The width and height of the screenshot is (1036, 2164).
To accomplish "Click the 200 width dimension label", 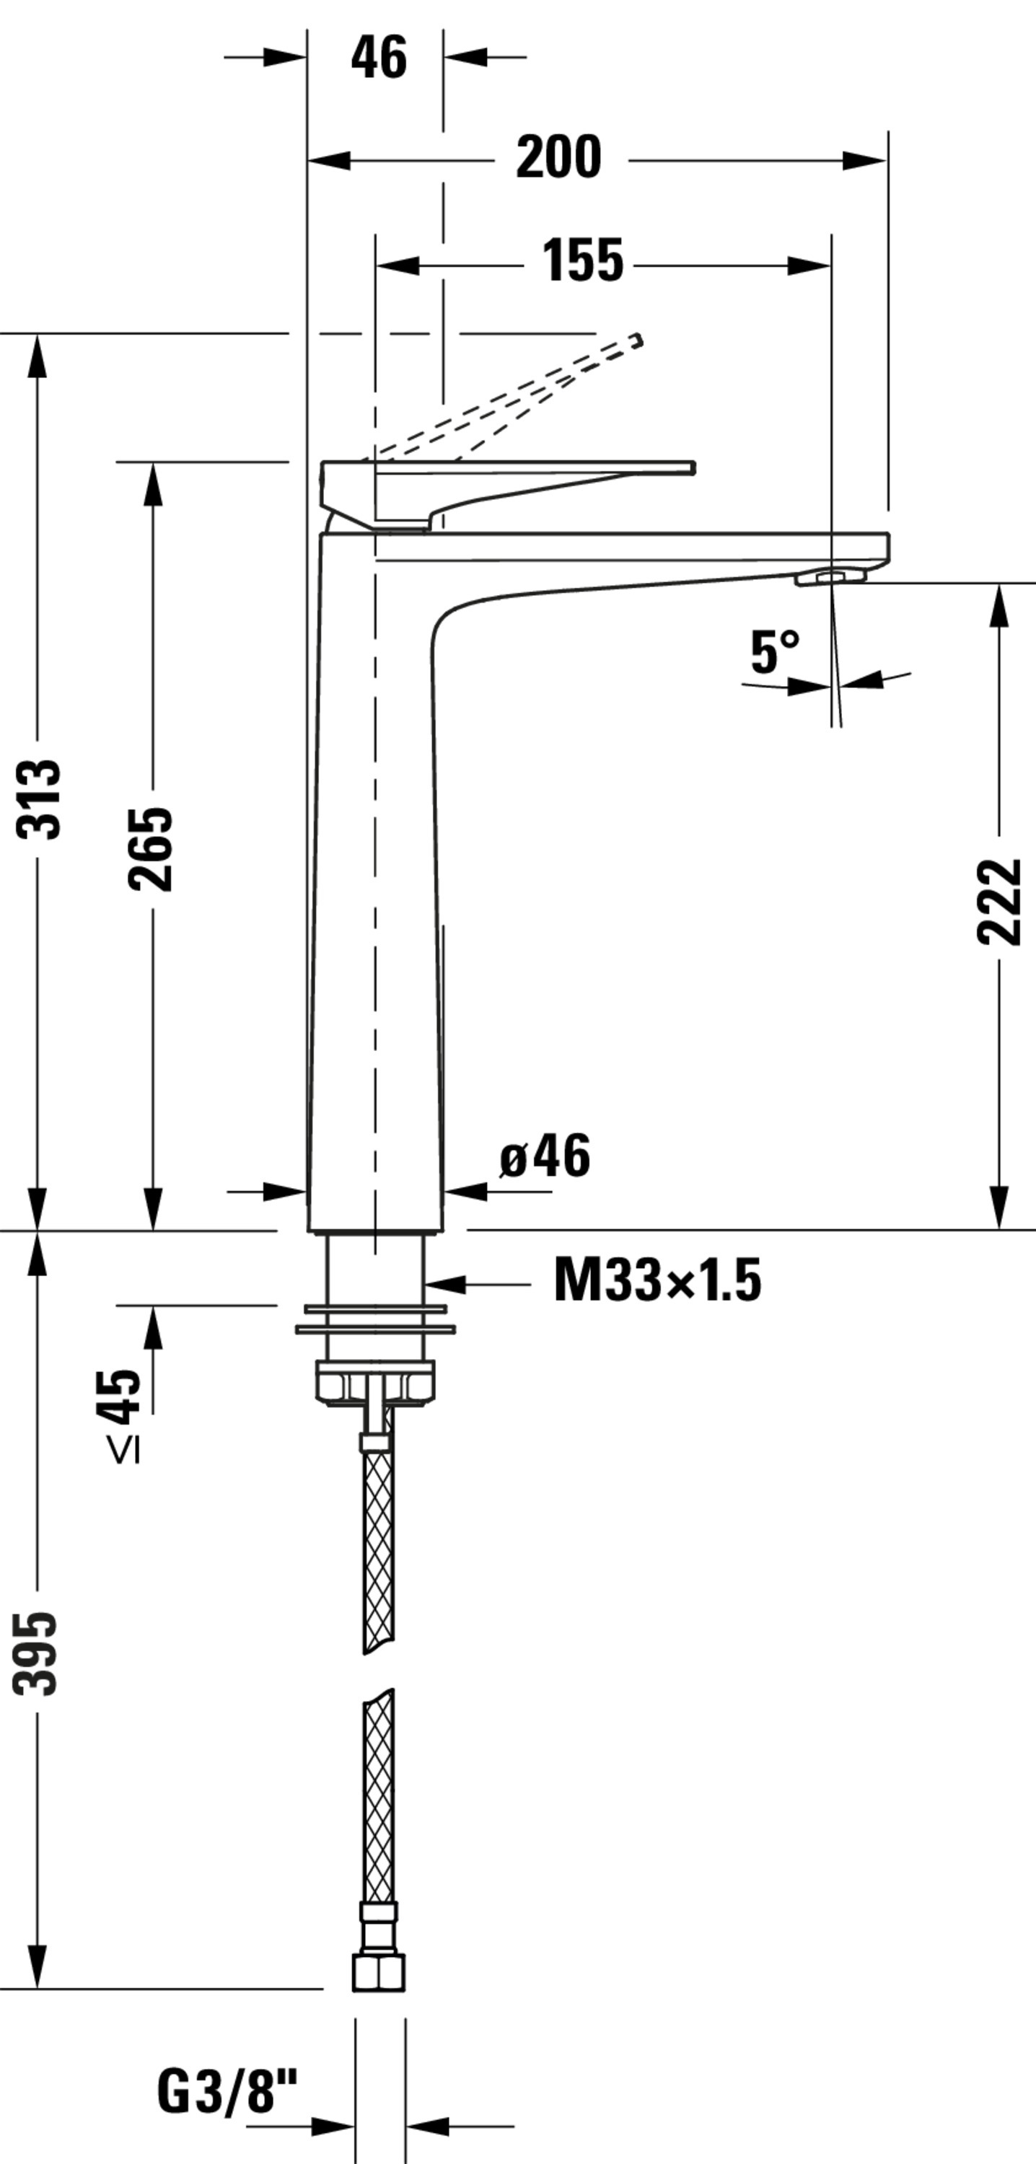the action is pyautogui.click(x=558, y=157).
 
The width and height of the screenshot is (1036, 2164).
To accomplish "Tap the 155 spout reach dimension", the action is pyautogui.click(x=582, y=260).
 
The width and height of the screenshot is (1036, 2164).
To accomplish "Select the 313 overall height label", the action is pyautogui.click(x=39, y=799).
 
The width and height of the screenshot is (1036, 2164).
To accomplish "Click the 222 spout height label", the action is pyautogui.click(x=999, y=902).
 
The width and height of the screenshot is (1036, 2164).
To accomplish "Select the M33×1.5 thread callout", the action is pyautogui.click(x=658, y=1280).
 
